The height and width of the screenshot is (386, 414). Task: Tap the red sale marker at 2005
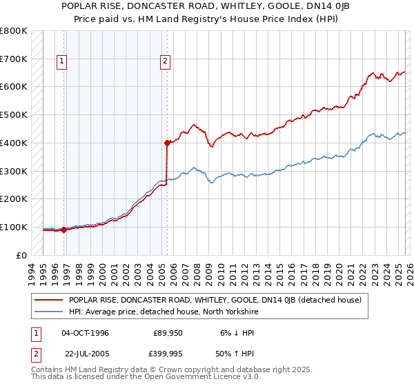[167, 143]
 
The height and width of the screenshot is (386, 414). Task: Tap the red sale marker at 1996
[64, 230]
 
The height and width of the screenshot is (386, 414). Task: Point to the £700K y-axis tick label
[14, 59]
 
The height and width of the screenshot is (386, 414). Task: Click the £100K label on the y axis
[14, 227]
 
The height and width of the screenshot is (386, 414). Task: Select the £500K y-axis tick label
[14, 114]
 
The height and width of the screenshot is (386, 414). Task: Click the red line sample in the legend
[49, 301]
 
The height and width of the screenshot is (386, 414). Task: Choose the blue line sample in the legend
[49, 312]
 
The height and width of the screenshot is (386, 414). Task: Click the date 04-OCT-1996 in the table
[85, 333]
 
